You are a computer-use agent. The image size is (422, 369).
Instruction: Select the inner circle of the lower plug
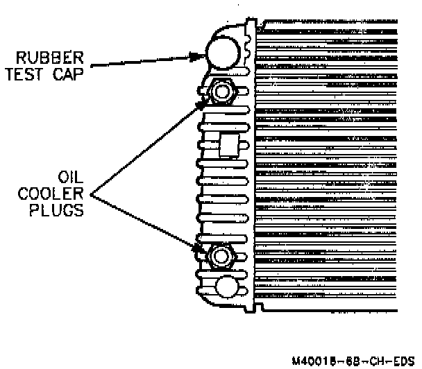pos(221,255)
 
